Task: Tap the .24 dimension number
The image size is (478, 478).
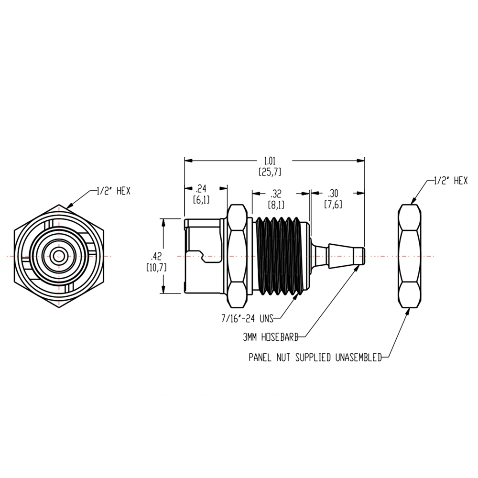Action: (x=201, y=188)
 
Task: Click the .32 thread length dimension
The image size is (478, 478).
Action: (x=276, y=194)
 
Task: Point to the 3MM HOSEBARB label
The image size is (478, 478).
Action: (x=271, y=337)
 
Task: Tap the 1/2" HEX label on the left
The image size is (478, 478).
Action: (x=113, y=191)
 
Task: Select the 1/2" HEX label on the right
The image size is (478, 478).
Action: (x=450, y=180)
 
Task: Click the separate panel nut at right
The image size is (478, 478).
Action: (x=411, y=256)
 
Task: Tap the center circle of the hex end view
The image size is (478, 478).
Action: (x=59, y=256)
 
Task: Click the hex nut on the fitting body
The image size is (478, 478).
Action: (x=237, y=256)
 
